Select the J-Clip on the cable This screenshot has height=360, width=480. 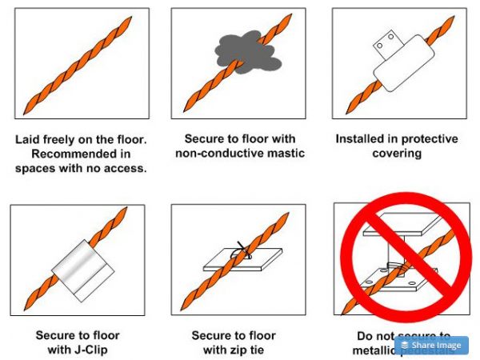point(78,267)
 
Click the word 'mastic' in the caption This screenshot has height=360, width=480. point(287,153)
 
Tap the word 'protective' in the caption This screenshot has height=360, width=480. point(429,138)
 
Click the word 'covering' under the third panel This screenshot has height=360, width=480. point(396,153)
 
